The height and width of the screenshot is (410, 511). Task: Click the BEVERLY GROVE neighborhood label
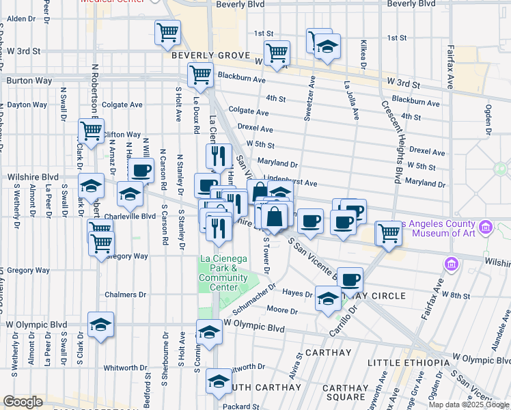(x=208, y=55)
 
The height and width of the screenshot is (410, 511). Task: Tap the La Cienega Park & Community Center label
(x=223, y=273)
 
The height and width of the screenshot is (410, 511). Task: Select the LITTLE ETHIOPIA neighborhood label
(x=407, y=361)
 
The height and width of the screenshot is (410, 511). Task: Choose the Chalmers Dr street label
(x=126, y=295)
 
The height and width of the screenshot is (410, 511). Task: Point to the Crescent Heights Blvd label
(x=391, y=142)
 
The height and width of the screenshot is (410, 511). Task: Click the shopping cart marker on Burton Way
(x=200, y=75)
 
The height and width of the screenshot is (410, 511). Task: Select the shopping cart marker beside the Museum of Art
(x=389, y=233)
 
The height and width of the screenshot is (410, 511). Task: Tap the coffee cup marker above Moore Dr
(x=350, y=279)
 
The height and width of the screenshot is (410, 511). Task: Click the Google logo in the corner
(x=23, y=402)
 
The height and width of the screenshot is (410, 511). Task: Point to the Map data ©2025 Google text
(x=469, y=405)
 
